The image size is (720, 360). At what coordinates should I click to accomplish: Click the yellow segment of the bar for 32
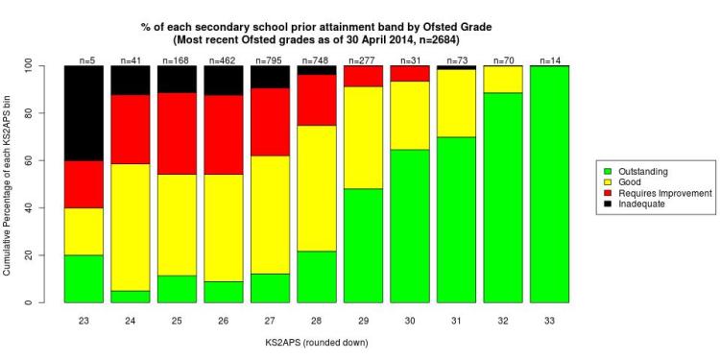pyautogui.click(x=501, y=80)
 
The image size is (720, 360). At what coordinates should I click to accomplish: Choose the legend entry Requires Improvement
pyautogui.click(x=662, y=193)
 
